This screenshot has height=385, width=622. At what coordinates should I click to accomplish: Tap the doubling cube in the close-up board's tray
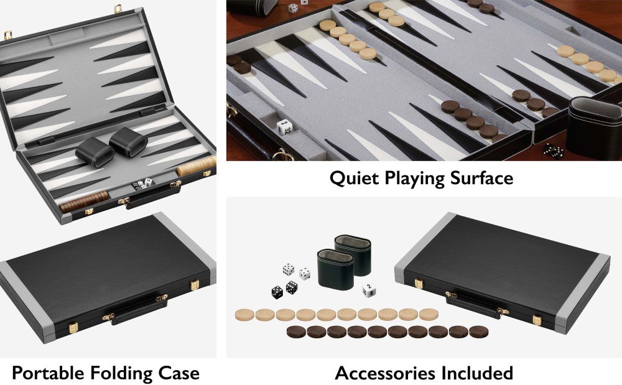click(285, 128)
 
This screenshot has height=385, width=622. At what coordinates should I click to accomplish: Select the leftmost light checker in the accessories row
click(244, 315)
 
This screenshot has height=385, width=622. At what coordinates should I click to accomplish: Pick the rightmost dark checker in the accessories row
click(479, 332)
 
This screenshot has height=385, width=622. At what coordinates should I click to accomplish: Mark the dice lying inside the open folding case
click(142, 183)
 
